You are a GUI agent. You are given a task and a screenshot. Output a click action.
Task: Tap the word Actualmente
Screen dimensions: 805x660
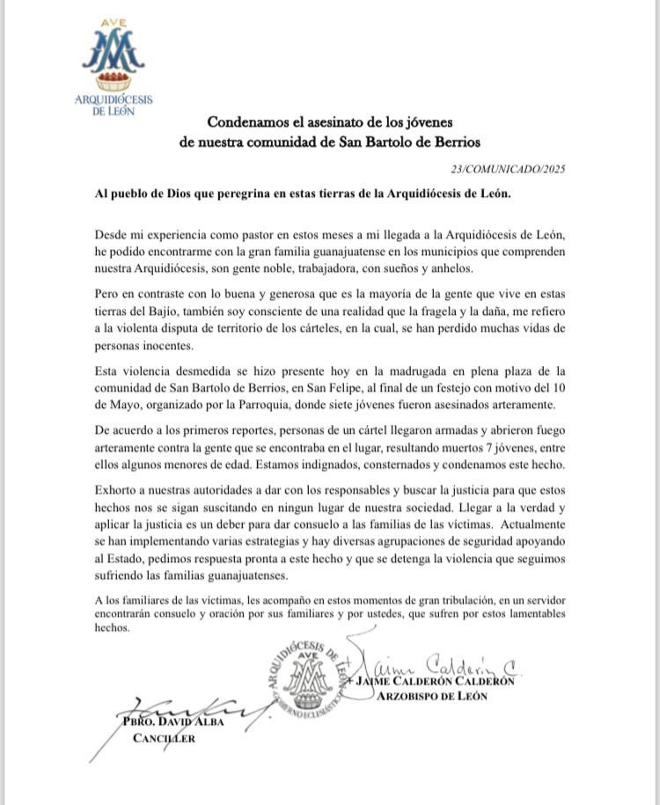point(522,529)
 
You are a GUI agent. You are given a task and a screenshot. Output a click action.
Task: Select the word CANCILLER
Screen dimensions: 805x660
point(164,739)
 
